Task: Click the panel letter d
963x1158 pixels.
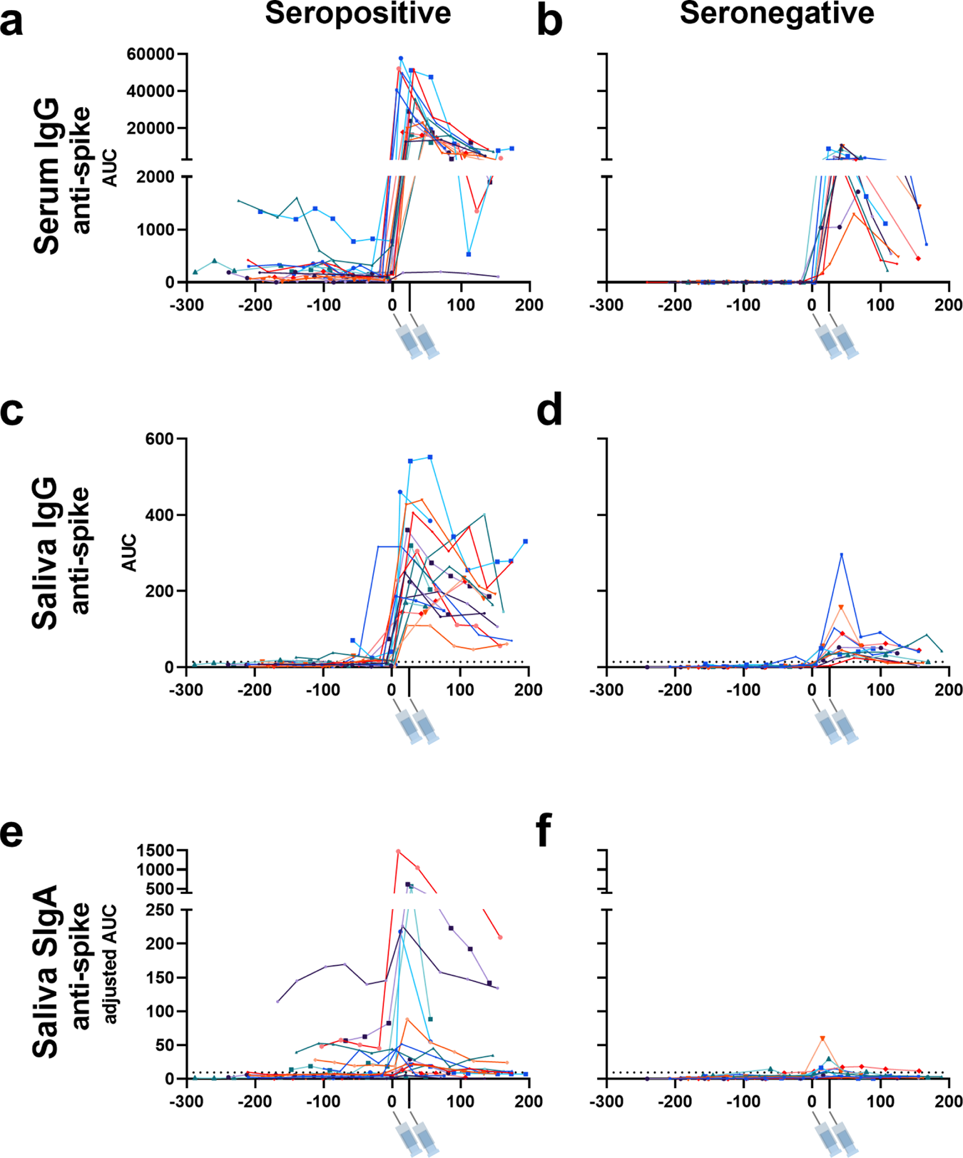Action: (x=549, y=412)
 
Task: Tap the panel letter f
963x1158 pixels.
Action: (x=544, y=831)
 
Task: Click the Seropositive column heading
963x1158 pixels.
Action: (x=357, y=14)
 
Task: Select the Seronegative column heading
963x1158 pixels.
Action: (x=777, y=14)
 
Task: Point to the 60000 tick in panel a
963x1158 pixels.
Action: (x=151, y=54)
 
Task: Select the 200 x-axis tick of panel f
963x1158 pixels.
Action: (x=948, y=1102)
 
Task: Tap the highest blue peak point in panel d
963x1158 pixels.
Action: (x=842, y=554)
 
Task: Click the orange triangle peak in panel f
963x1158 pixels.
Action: (x=822, y=1038)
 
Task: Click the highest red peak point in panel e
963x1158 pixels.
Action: (x=398, y=851)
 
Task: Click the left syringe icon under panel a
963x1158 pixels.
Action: (x=409, y=342)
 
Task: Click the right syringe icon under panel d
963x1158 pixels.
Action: (x=847, y=727)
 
